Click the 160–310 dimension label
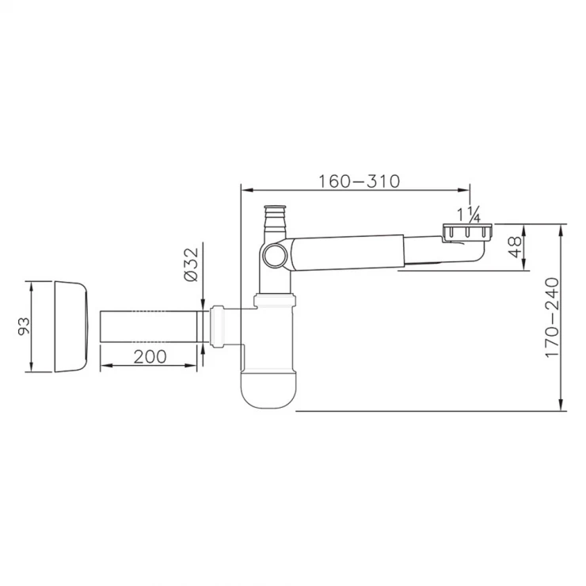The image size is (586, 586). (359, 181)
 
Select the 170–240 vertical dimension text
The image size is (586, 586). (552, 318)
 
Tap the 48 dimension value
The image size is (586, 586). (516, 246)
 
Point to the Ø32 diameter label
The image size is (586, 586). (191, 264)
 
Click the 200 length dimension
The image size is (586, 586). (150, 356)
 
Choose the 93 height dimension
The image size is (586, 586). (25, 326)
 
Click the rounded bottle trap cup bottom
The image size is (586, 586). (268, 390)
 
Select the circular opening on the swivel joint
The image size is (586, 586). (274, 256)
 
